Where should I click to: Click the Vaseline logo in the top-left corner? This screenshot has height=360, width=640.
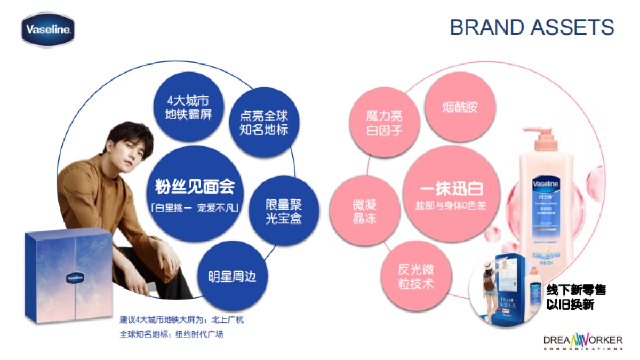pos(47,30)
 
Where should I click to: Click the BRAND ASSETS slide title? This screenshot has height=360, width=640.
pos(532,27)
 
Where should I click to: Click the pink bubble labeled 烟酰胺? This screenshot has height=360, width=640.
pos(460,107)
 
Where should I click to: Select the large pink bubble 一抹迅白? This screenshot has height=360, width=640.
pos(451,195)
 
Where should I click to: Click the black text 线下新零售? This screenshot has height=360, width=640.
pos(575,291)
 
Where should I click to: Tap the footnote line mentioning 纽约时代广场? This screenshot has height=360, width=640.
pos(171,335)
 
